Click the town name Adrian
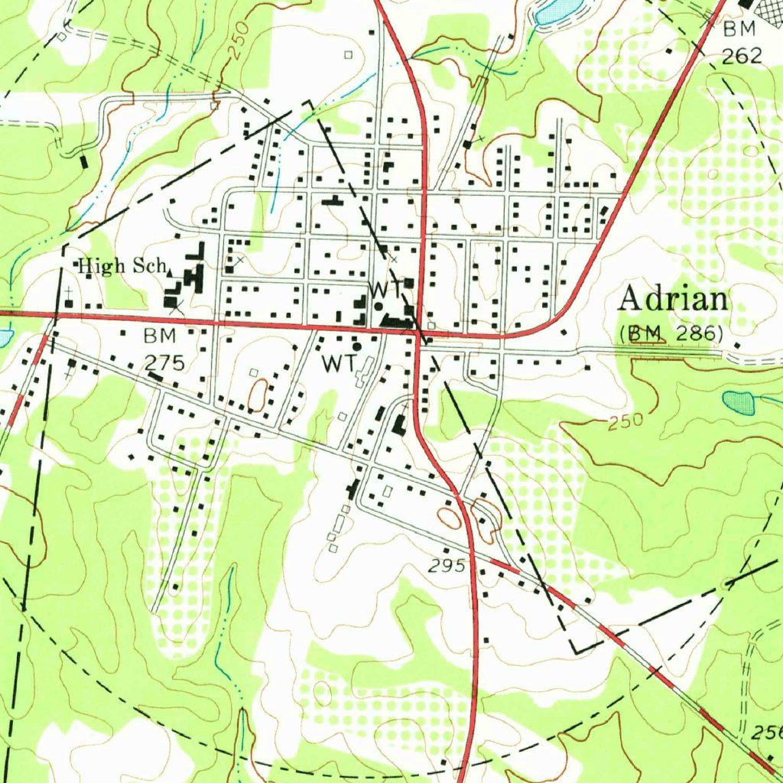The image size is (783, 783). [x=673, y=299]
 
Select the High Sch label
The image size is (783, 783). [x=123, y=266]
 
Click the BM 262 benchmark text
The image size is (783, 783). [x=741, y=43]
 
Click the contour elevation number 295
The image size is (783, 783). [x=447, y=566]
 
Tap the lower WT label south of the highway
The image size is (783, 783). [x=337, y=364]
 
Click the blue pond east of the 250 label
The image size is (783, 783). [x=738, y=401]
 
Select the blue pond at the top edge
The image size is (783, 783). [x=557, y=11]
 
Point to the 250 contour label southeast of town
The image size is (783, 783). [x=627, y=421]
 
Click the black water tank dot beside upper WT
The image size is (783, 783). [x=379, y=306]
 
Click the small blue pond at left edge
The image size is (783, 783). [x=4, y=336]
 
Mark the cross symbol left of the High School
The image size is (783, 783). [x=69, y=291]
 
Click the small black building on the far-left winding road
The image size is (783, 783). [x=83, y=162]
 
